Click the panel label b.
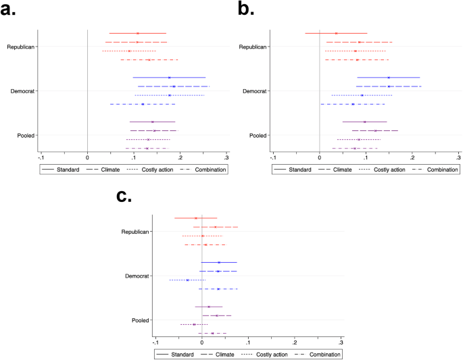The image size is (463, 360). pyautogui.click(x=244, y=11)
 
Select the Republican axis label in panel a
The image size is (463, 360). pyautogui.click(x=22, y=47)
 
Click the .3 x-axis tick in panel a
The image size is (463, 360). pyautogui.click(x=226, y=157)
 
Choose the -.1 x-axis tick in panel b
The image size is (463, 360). pyautogui.click(x=272, y=157)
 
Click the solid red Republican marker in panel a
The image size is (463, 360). pyautogui.click(x=138, y=33)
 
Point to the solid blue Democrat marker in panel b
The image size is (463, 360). pyautogui.click(x=389, y=78)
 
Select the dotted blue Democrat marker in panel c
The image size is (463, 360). pyautogui.click(x=187, y=280)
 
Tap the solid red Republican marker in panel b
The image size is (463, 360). pyautogui.click(x=336, y=33)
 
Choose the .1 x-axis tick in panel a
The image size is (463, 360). pyautogui.click(x=134, y=157)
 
